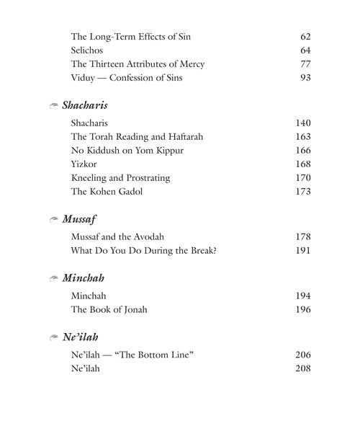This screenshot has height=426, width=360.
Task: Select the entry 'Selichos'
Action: pos(87,51)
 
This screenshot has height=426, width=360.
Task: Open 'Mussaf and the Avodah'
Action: pos(117,236)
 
